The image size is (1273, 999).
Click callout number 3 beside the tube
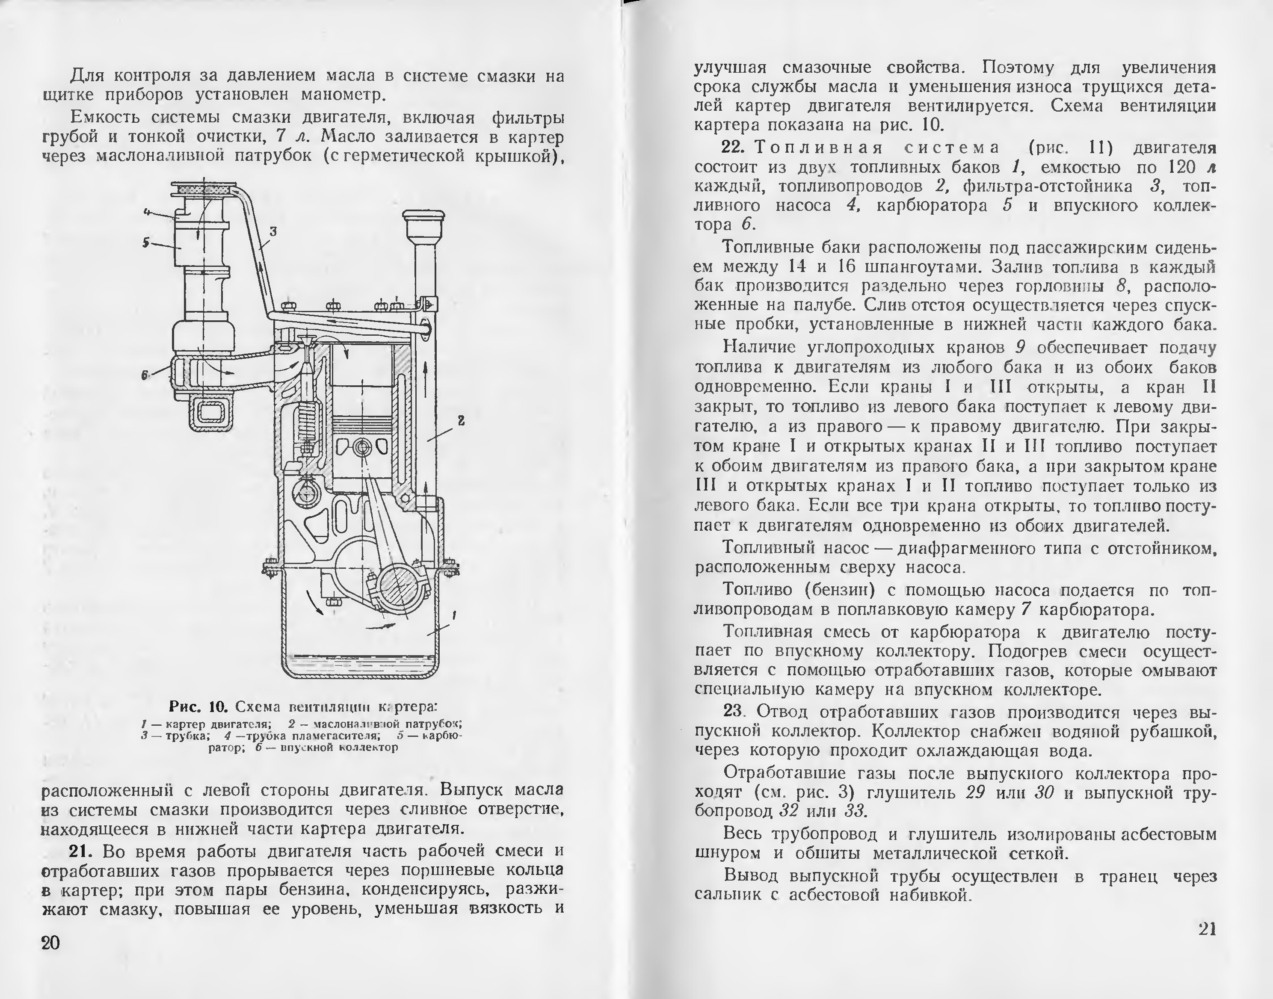click(x=272, y=232)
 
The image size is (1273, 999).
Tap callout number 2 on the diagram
click(x=461, y=420)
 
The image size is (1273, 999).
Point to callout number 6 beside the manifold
click(x=144, y=375)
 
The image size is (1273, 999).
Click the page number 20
click(x=50, y=943)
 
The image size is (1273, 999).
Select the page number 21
click(x=1206, y=929)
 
